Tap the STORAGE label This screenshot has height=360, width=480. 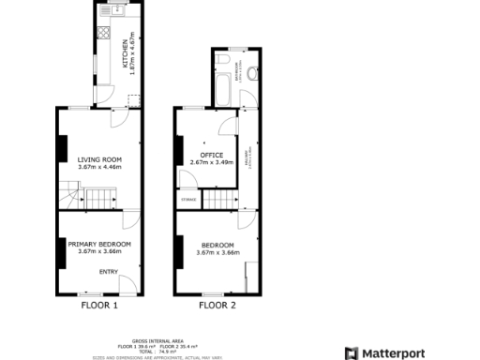coord(188,199)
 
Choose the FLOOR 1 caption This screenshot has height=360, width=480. coord(99,306)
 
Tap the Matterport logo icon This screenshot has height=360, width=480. coord(352,352)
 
